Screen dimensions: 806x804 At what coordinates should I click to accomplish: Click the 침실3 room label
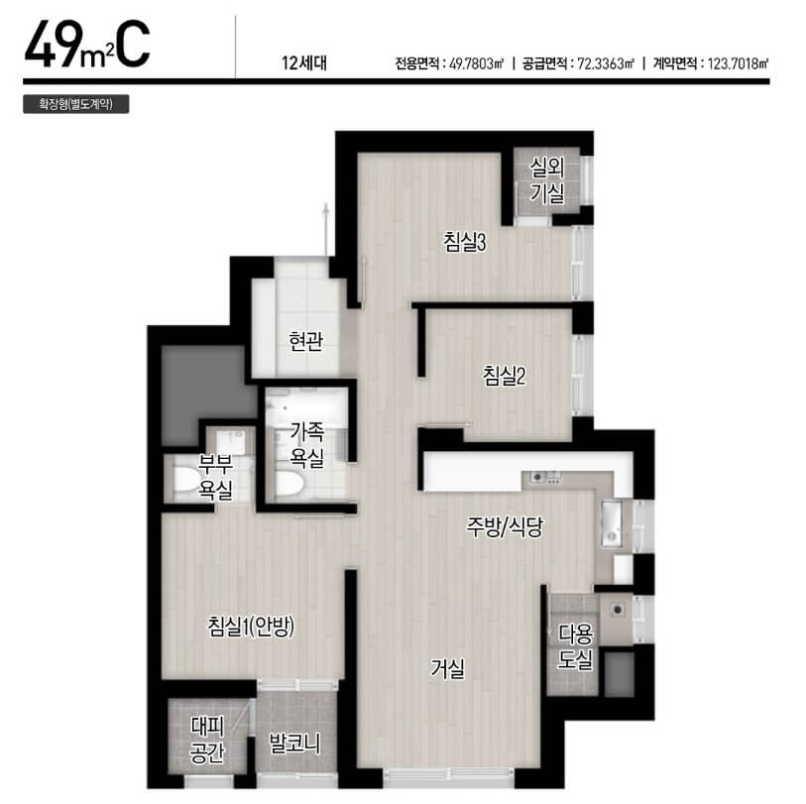pos(465,242)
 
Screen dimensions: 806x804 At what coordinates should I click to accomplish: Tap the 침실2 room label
pos(504,376)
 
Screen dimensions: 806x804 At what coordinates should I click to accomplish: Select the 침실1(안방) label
pos(251,627)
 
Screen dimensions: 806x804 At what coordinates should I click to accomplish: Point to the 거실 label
pos(448,668)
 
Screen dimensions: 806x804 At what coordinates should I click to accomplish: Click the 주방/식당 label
pos(505,526)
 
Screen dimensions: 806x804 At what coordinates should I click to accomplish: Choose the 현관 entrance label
pos(306,340)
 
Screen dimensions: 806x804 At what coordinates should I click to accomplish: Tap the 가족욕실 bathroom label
pos(307,444)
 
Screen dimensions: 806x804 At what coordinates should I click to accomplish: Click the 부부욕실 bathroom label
pos(216,477)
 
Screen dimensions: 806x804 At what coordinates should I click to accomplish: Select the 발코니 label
pos(294,743)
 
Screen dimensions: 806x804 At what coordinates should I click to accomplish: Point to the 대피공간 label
pos(207,740)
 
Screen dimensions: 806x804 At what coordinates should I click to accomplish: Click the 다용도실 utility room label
pos(576,646)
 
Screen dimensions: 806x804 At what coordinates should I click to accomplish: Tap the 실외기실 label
pos(547,179)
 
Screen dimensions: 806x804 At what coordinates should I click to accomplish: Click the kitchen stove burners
pos(545,477)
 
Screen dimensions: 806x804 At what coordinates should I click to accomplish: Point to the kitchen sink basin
pos(612,525)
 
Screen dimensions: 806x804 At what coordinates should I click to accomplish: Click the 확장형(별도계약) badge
pos(76,104)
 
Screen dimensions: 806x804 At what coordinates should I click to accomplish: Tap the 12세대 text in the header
pos(303,63)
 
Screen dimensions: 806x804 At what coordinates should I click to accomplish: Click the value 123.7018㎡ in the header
pos(739,63)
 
